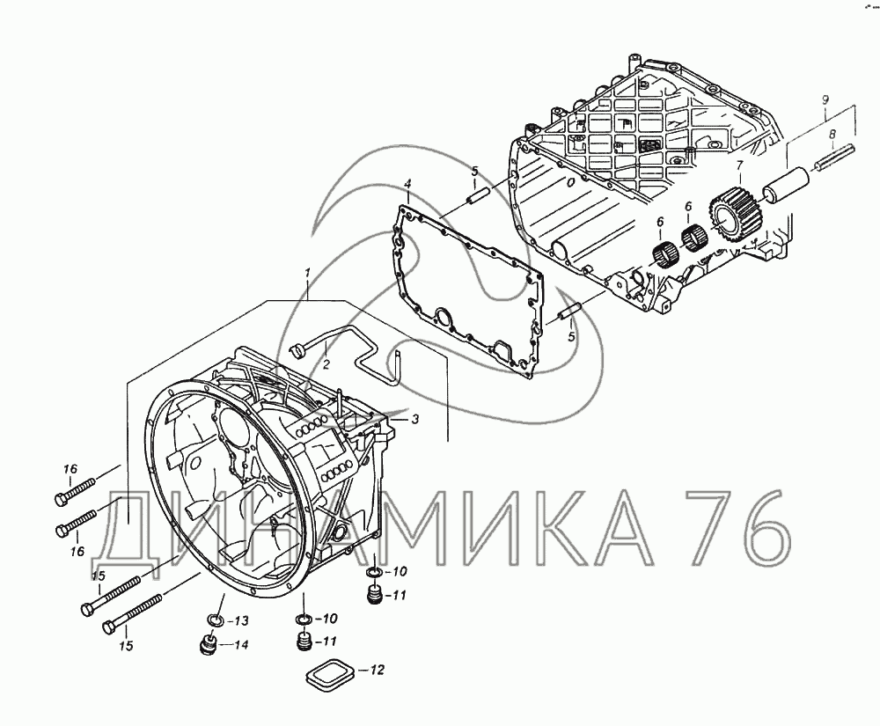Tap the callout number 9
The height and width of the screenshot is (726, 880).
click(825, 101)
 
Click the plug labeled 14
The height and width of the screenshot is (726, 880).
click(209, 644)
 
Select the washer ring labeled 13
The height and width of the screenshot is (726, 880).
click(215, 620)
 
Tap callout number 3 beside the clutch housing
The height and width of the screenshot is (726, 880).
click(414, 419)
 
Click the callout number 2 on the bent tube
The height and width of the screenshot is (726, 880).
click(326, 364)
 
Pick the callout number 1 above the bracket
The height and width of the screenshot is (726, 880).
click(307, 273)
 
